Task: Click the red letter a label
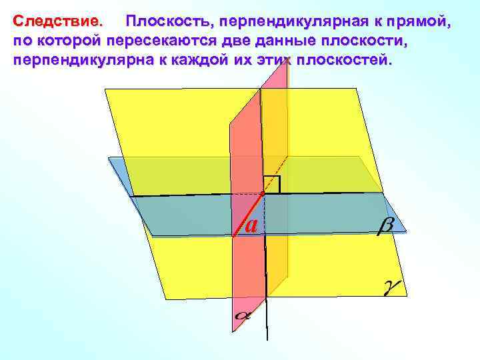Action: click(x=251, y=225)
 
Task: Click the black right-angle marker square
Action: click(x=271, y=184)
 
